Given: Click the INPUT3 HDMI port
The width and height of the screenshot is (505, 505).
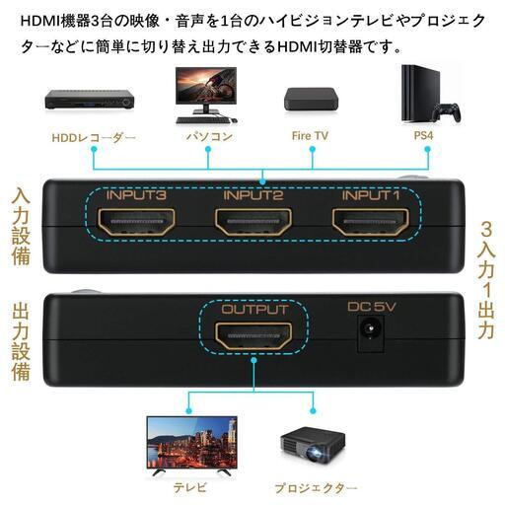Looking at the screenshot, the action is [136, 222].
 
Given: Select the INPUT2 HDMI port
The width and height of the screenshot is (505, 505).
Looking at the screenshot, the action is [253, 222].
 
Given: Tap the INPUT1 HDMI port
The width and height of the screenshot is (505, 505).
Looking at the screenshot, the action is [371, 222].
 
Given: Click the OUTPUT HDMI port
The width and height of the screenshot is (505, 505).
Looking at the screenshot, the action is [253, 336].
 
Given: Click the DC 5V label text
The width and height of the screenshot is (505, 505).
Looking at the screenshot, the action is [372, 307].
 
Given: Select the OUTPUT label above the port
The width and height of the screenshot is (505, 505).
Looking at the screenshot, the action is [254, 310].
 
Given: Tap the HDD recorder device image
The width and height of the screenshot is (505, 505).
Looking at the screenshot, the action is [90, 99].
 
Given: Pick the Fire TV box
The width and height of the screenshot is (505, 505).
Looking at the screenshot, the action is [311, 99].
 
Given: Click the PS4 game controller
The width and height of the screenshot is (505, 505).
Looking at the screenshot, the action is [446, 112].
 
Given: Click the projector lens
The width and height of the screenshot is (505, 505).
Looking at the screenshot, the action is [316, 455].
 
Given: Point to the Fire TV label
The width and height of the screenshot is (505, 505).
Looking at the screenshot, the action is [310, 136].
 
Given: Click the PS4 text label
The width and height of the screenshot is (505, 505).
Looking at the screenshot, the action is [423, 136].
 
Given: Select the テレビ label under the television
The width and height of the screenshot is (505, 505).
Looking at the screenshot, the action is [190, 487].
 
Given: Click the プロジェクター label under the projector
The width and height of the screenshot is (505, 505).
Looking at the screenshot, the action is [316, 488].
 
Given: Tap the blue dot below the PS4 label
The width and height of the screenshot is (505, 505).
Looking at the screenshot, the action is [427, 149].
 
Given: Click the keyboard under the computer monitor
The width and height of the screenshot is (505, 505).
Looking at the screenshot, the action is [203, 120].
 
